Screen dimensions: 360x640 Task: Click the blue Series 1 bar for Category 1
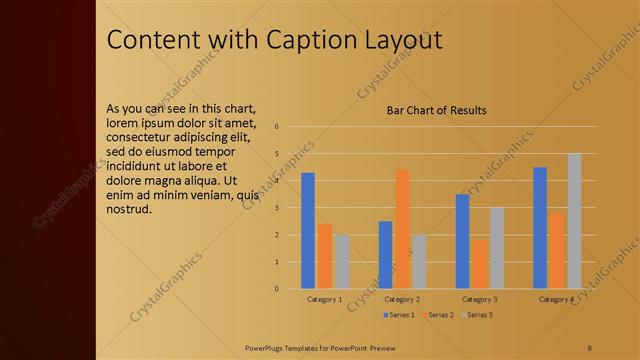point(308,231)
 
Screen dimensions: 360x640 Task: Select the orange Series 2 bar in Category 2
point(402,229)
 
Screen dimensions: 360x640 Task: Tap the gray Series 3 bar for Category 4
point(574,221)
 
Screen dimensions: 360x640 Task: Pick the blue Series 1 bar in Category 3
point(462,241)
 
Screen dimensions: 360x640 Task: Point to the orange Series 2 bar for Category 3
point(479,264)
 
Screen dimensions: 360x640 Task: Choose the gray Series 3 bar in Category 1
point(342,262)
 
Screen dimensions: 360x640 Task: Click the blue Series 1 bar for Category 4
point(540,228)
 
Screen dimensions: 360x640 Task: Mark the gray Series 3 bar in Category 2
point(419,262)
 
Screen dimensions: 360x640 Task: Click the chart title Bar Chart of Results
point(437,110)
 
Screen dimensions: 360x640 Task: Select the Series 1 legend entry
point(398,315)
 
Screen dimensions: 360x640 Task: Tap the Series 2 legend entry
point(438,315)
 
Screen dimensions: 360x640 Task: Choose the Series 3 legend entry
point(478,315)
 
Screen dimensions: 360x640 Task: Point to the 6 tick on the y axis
point(276,127)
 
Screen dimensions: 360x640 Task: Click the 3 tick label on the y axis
point(276,208)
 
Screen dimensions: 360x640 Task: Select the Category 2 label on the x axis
point(401,299)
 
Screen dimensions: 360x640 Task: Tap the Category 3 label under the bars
point(479,299)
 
